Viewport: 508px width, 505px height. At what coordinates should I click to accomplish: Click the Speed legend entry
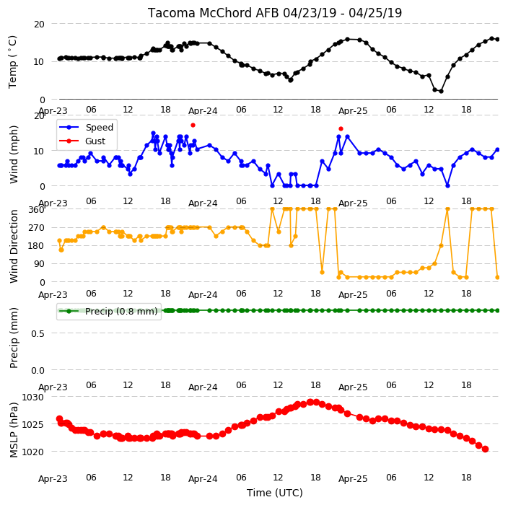click(x=86, y=127)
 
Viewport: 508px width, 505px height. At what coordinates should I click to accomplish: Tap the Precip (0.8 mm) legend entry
click(x=108, y=311)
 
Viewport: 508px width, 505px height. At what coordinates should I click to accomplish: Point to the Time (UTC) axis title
click(x=275, y=493)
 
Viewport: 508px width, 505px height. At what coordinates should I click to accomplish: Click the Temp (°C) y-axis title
click(x=12, y=62)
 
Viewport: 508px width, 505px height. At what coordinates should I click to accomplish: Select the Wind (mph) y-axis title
click(x=14, y=154)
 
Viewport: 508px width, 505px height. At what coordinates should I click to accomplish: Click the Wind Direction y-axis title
click(x=14, y=247)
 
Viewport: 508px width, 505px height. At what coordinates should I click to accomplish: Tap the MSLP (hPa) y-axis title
click(x=14, y=430)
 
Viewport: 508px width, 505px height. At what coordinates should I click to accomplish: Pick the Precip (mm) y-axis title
click(x=14, y=338)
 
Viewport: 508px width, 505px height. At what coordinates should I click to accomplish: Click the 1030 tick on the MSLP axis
click(x=32, y=397)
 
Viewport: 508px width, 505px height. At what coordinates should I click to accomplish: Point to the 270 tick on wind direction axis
click(x=36, y=228)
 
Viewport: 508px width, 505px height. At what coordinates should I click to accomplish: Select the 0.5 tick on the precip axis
click(x=38, y=333)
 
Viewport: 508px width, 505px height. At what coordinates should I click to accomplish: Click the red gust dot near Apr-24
click(x=193, y=125)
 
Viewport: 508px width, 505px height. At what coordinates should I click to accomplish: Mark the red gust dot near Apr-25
click(x=341, y=128)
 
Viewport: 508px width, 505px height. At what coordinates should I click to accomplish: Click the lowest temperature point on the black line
click(x=441, y=92)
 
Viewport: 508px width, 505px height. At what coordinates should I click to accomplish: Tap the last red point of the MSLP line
click(x=485, y=449)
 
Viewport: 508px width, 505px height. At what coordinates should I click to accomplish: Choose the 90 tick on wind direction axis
click(x=39, y=264)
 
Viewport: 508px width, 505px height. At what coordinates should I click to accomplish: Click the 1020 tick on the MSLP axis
click(x=32, y=452)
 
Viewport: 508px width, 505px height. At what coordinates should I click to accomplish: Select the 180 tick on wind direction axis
click(x=36, y=246)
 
